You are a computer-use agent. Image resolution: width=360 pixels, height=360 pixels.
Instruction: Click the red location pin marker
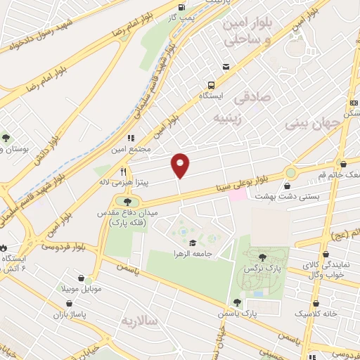tap(181, 165)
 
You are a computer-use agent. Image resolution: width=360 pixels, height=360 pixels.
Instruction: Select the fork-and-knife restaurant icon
tap(123, 171)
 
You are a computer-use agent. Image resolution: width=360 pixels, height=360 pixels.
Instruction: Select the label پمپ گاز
tap(186, 15)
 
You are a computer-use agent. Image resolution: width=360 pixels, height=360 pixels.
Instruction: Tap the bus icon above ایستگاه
tap(226, 66)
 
